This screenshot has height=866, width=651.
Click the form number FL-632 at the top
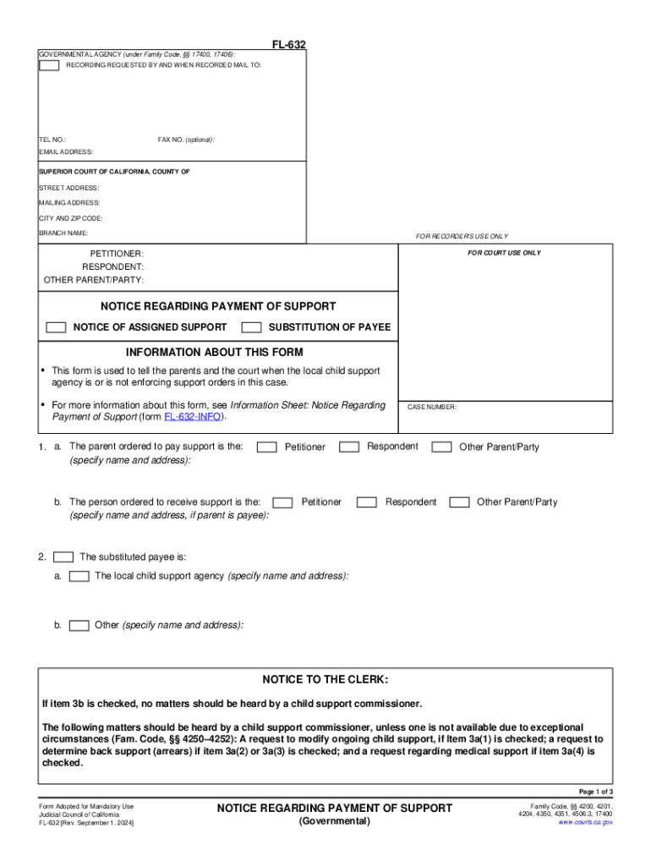(288, 44)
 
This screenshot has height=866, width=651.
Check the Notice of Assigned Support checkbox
(56, 327)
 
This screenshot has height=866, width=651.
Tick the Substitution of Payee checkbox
(251, 327)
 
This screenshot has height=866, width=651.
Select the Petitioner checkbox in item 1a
(266, 447)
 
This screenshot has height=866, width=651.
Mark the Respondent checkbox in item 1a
(348, 447)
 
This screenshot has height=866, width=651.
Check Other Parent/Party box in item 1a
(441, 447)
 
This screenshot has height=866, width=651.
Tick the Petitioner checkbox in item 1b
(283, 502)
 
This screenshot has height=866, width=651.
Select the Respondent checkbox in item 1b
(366, 502)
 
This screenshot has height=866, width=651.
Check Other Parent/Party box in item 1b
(459, 502)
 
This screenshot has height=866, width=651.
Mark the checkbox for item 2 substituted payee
(63, 557)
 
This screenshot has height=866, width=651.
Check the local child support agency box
(79, 576)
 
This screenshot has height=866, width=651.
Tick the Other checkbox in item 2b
(79, 626)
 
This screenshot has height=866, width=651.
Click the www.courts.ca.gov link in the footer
(585, 822)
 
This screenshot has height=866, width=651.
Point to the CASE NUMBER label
(432, 408)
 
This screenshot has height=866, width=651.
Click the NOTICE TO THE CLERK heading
(325, 679)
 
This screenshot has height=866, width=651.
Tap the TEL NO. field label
(52, 140)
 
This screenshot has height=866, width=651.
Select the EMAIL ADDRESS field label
(66, 152)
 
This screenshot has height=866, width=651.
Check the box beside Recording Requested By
(49, 65)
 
